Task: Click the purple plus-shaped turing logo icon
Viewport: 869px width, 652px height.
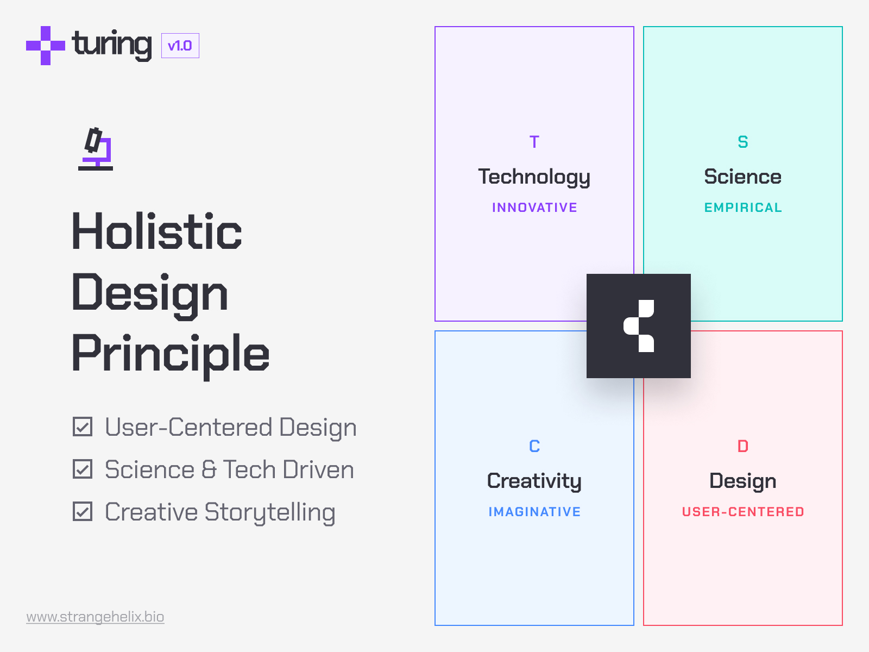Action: pyautogui.click(x=46, y=46)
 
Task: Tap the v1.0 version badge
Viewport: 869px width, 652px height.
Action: pyautogui.click(x=180, y=46)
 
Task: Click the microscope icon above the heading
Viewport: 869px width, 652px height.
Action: pyautogui.click(x=96, y=149)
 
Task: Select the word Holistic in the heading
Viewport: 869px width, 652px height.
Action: pyautogui.click(x=157, y=232)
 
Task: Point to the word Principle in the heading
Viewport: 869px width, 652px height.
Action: pyautogui.click(x=171, y=354)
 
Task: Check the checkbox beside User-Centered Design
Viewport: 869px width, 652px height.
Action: pyautogui.click(x=83, y=427)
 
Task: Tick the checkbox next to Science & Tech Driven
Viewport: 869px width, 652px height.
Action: pyautogui.click(x=83, y=469)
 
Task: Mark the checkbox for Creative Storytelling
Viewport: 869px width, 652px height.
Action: pyautogui.click(x=83, y=512)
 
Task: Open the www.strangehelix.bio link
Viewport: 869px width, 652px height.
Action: pyautogui.click(x=95, y=617)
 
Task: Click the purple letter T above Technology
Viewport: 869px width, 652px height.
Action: pyautogui.click(x=534, y=142)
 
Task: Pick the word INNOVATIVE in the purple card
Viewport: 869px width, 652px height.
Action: pyautogui.click(x=534, y=208)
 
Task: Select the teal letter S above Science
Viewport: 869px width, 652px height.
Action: pyautogui.click(x=743, y=142)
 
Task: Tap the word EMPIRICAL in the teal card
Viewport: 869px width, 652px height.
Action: pyautogui.click(x=743, y=208)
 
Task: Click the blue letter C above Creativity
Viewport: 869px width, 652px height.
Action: pyautogui.click(x=534, y=446)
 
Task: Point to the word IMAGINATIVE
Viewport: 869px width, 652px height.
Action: pyautogui.click(x=534, y=512)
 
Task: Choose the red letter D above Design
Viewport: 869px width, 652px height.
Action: pyautogui.click(x=743, y=446)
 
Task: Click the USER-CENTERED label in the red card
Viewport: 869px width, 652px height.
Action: pyautogui.click(x=743, y=512)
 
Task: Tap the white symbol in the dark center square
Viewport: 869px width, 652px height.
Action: pyautogui.click(x=639, y=326)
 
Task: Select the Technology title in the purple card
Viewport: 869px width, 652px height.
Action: pyautogui.click(x=534, y=177)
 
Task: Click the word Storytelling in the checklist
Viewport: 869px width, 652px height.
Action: pyautogui.click(x=270, y=512)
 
